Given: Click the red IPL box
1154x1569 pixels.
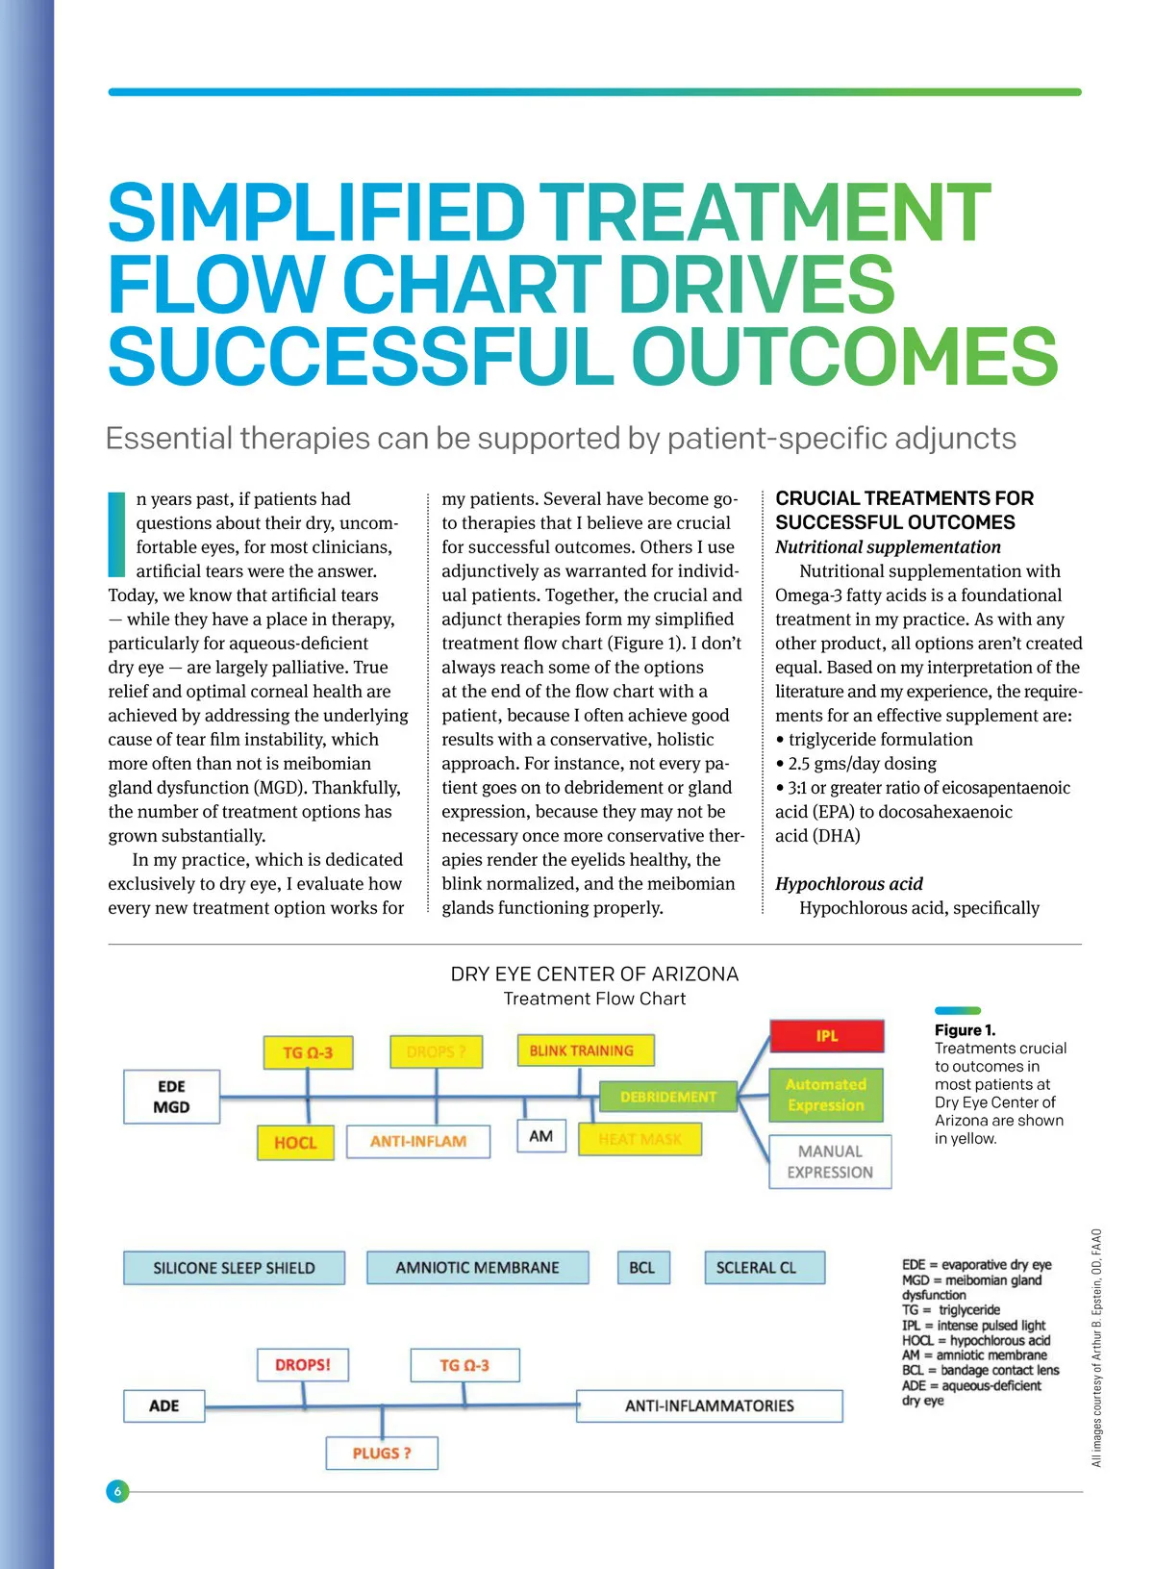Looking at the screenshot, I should coord(826,1036).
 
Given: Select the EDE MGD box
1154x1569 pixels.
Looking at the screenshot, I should coord(171,1097).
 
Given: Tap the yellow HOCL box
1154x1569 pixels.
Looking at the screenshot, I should coord(295,1143).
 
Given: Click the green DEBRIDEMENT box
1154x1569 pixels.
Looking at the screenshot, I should coord(667,1097).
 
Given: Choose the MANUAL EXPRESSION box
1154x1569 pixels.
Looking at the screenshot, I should coord(830,1162).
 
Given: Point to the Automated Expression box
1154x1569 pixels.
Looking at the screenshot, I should coord(825,1095).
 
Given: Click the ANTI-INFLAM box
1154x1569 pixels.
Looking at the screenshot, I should coord(418,1141).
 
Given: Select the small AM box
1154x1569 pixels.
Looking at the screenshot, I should coord(541,1136).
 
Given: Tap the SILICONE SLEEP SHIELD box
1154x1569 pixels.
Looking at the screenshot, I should coord(234,1268).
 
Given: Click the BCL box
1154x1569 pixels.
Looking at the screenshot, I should coord(641,1268).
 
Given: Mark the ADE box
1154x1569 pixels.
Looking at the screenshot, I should coord(164,1405).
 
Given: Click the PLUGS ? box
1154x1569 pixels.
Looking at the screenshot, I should coord(382,1453).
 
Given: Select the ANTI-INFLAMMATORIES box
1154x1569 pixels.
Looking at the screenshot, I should coord(710,1405).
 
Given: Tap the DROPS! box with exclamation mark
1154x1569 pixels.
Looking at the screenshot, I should coord(303,1364).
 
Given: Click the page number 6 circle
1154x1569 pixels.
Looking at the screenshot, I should coord(117,1491).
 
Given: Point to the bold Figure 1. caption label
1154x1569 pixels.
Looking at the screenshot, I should coord(965,1030).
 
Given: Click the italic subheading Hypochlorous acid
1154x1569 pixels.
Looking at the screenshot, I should coord(849,884).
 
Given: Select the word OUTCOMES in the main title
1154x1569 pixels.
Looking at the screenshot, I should coord(844,356).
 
